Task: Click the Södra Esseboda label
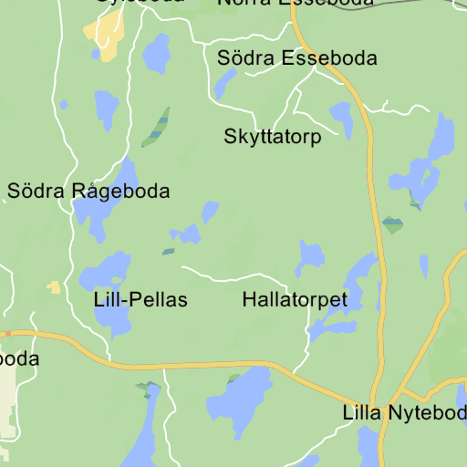click(296, 58)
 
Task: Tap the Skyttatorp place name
click(273, 138)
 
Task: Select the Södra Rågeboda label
click(88, 192)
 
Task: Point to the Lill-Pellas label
click(140, 299)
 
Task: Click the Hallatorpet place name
click(295, 299)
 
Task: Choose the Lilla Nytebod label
click(404, 412)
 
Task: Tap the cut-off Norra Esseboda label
click(296, 3)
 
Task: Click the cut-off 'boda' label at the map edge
click(19, 359)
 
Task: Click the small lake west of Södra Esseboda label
click(223, 84)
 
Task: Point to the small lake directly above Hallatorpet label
click(310, 257)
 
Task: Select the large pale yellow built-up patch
click(106, 36)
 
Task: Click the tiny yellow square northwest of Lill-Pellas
click(55, 287)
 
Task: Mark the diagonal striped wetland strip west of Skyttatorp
click(156, 127)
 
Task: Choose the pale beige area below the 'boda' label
click(8, 401)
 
